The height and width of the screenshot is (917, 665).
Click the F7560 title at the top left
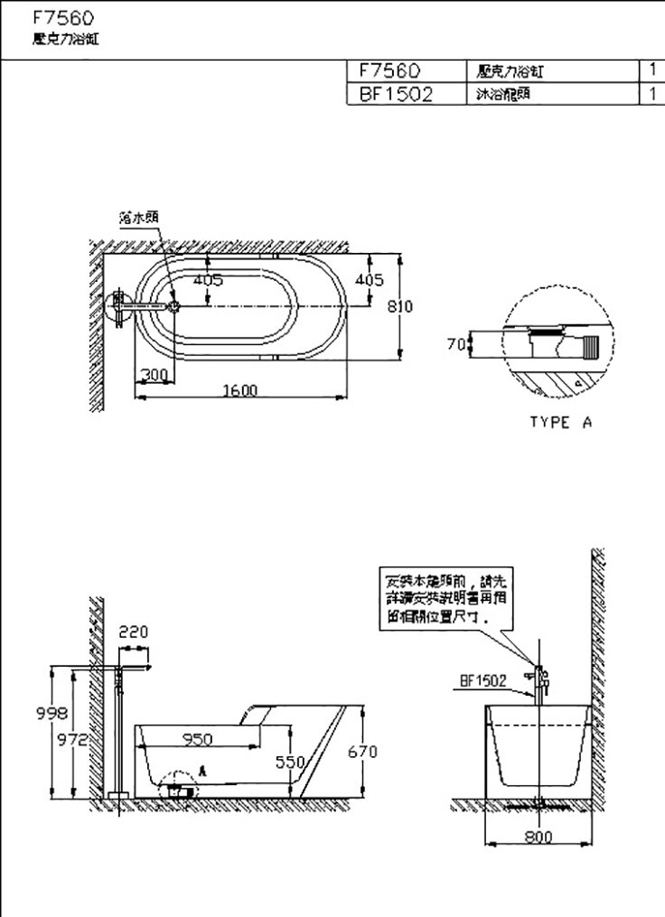click(x=62, y=17)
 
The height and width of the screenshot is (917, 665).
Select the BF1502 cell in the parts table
click(x=397, y=94)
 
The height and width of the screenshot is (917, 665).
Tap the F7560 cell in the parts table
click(x=390, y=70)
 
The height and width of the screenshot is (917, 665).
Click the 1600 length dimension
click(x=241, y=390)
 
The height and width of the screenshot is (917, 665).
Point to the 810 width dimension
click(x=400, y=306)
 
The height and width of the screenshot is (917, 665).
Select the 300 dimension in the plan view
click(x=154, y=374)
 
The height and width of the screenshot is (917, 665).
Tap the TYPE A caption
click(x=560, y=422)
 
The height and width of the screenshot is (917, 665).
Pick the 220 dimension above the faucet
click(x=133, y=632)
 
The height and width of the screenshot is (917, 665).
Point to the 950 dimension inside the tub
click(x=197, y=739)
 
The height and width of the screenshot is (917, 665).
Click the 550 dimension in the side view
click(x=290, y=762)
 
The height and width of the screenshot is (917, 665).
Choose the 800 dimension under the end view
click(x=539, y=837)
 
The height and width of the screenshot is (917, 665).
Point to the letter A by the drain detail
click(x=203, y=771)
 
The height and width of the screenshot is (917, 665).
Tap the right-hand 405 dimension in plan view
click(x=370, y=279)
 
